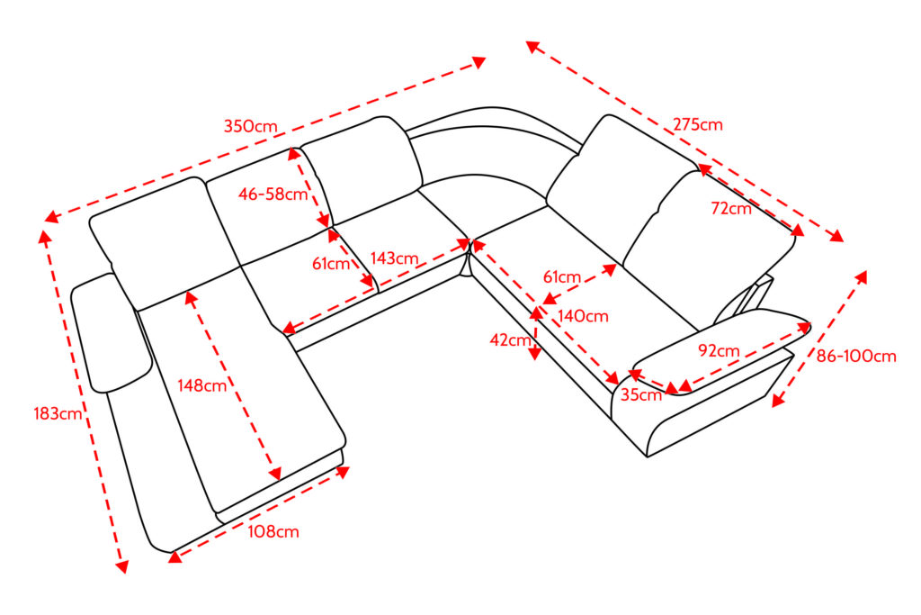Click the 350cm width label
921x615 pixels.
point(251,126)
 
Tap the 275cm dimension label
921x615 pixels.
point(697,125)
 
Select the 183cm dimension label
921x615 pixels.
point(58,414)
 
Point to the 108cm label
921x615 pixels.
point(273,531)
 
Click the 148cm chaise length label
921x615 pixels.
point(202,386)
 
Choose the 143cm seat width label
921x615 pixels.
point(394,258)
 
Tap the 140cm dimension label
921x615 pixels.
point(582,316)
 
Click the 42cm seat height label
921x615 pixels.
point(509,339)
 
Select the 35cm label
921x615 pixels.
point(641,394)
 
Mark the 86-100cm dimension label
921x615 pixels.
point(856,356)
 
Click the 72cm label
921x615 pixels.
point(730,209)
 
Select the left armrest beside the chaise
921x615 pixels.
point(110,333)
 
